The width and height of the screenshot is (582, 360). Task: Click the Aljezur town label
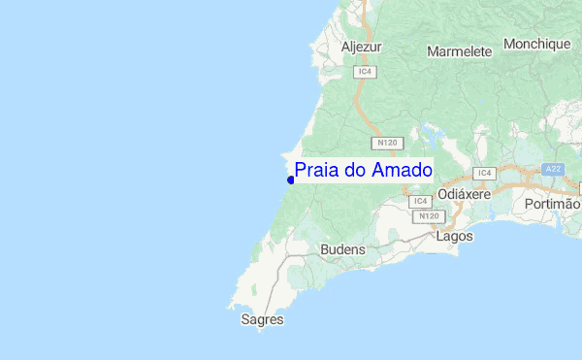point(362,47)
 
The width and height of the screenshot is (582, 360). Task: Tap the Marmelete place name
point(461,49)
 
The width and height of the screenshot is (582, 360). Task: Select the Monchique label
point(536,45)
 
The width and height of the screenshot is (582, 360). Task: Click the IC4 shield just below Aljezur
point(365,72)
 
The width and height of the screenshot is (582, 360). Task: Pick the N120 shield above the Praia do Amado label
point(388,143)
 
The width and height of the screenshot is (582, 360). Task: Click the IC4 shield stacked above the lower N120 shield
point(420,201)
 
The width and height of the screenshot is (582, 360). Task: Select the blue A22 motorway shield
point(553,169)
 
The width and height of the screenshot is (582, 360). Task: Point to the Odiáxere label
point(465,194)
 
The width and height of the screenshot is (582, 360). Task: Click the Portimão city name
point(551,205)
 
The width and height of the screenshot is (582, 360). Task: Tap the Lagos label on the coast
point(455,236)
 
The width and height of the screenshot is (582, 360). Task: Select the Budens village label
point(342,249)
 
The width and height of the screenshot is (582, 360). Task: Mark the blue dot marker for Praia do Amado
point(291,180)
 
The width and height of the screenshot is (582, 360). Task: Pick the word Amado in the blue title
point(402,171)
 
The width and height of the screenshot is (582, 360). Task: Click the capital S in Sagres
point(245,318)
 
